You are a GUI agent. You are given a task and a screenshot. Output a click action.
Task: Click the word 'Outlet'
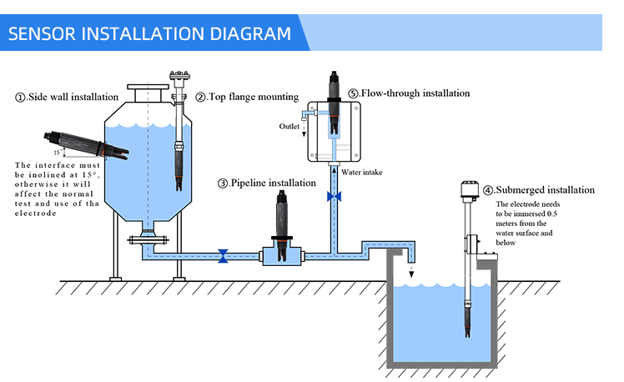click(x=289, y=126)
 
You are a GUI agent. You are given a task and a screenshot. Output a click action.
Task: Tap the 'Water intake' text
click(x=362, y=173)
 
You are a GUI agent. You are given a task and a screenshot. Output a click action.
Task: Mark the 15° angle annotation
click(x=57, y=153)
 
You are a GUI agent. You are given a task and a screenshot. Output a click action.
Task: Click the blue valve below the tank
click(x=223, y=255)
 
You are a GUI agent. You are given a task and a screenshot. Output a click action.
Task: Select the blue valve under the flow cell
click(x=335, y=196)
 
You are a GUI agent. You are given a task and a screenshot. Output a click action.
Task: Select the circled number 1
click(x=21, y=98)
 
